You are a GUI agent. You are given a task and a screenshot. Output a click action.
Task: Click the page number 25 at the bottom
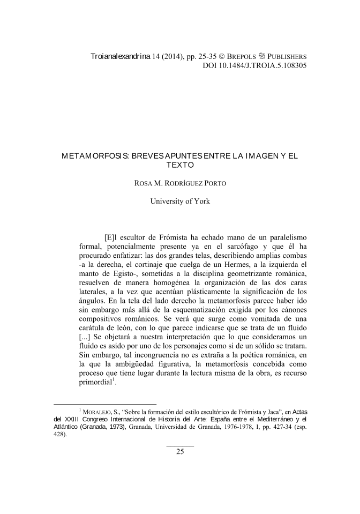(x=180, y=451)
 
